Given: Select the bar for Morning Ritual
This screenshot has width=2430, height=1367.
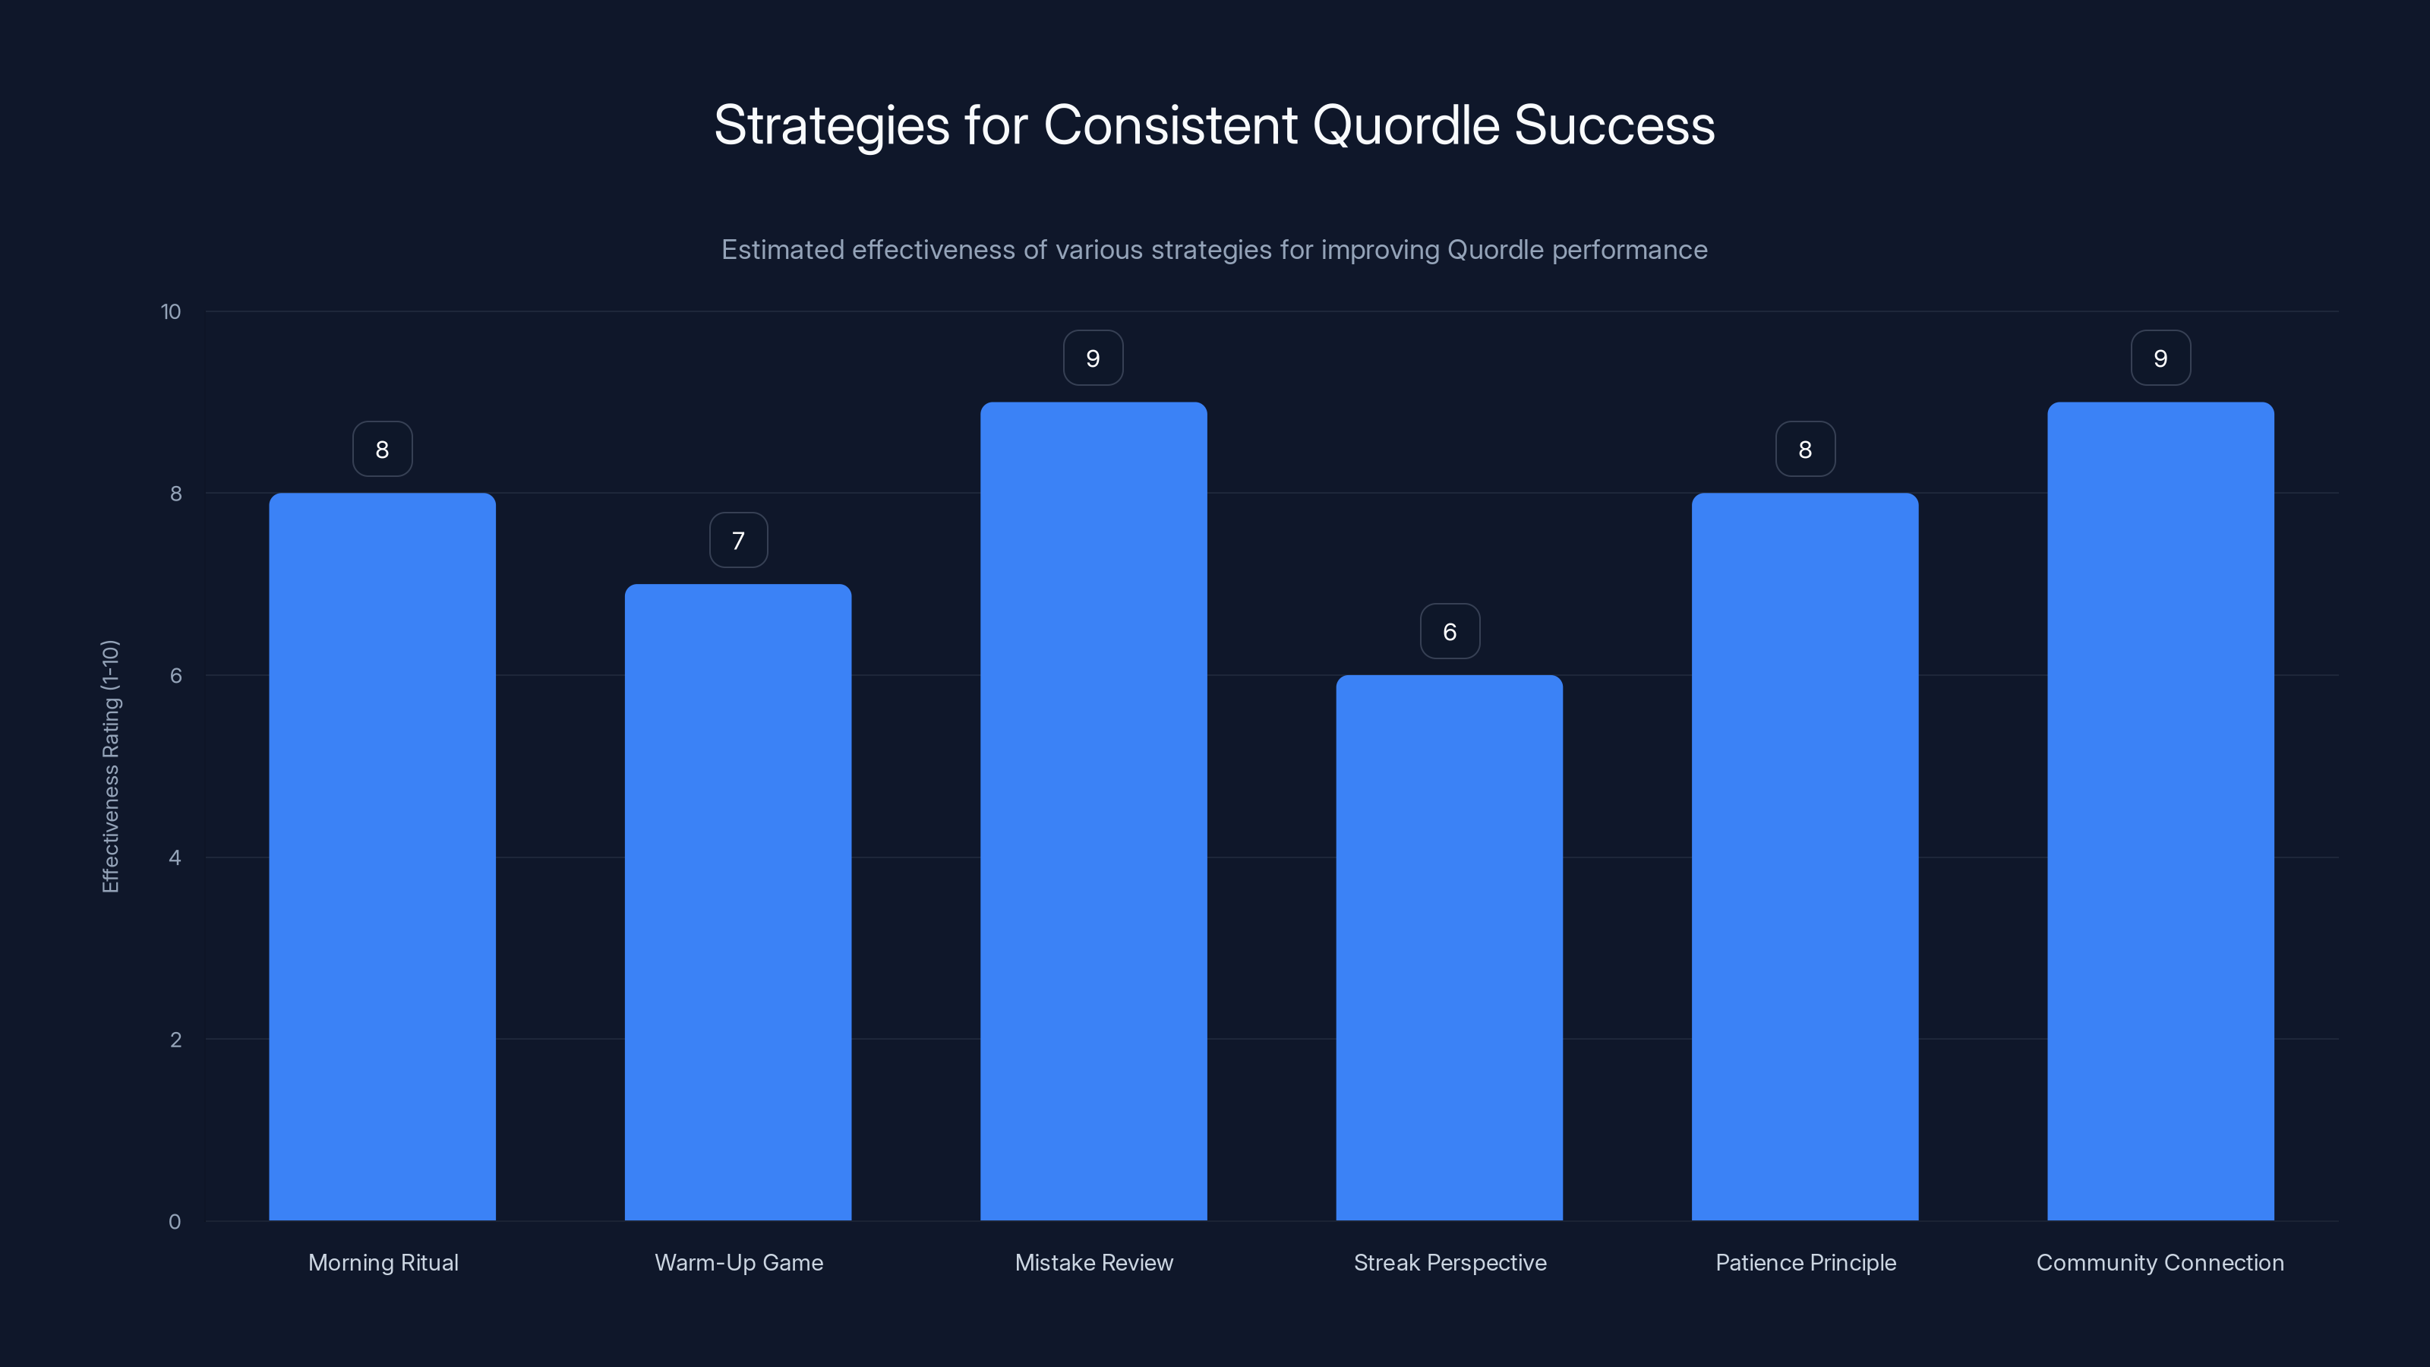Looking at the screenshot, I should pos(382,857).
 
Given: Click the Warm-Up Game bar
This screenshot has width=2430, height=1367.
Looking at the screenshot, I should pos(737,902).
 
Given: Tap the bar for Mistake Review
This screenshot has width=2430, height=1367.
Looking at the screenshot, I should pos(1093,811).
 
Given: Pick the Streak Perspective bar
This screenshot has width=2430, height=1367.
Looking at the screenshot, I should pos(1449,947).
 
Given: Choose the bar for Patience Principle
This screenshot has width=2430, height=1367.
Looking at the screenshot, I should pos(1804,857).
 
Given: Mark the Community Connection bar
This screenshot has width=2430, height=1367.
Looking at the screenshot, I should pos(2160,811).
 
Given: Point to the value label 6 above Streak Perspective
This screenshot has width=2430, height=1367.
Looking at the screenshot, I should pos(1450,631).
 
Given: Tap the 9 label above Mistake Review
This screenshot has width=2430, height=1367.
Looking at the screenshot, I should pos(1093,358).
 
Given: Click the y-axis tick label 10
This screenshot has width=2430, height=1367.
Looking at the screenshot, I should pos(171,312).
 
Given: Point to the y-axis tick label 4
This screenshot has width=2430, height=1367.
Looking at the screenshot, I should pos(175,857).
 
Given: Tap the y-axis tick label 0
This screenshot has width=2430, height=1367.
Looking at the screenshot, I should pos(175,1222).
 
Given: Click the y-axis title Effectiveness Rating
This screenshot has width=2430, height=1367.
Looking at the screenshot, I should pos(110,766).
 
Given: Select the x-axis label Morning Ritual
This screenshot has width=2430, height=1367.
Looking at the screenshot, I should pos(383,1262).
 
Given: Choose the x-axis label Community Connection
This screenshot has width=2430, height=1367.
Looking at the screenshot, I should pos(2160,1262).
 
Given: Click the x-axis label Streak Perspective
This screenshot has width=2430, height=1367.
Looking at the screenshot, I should pos(1450,1262).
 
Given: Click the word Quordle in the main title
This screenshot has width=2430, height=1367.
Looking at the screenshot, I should pos(1406,125).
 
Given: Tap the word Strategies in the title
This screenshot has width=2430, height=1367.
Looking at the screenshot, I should pos(831,125).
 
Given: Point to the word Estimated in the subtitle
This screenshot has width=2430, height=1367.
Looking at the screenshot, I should pos(782,250).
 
